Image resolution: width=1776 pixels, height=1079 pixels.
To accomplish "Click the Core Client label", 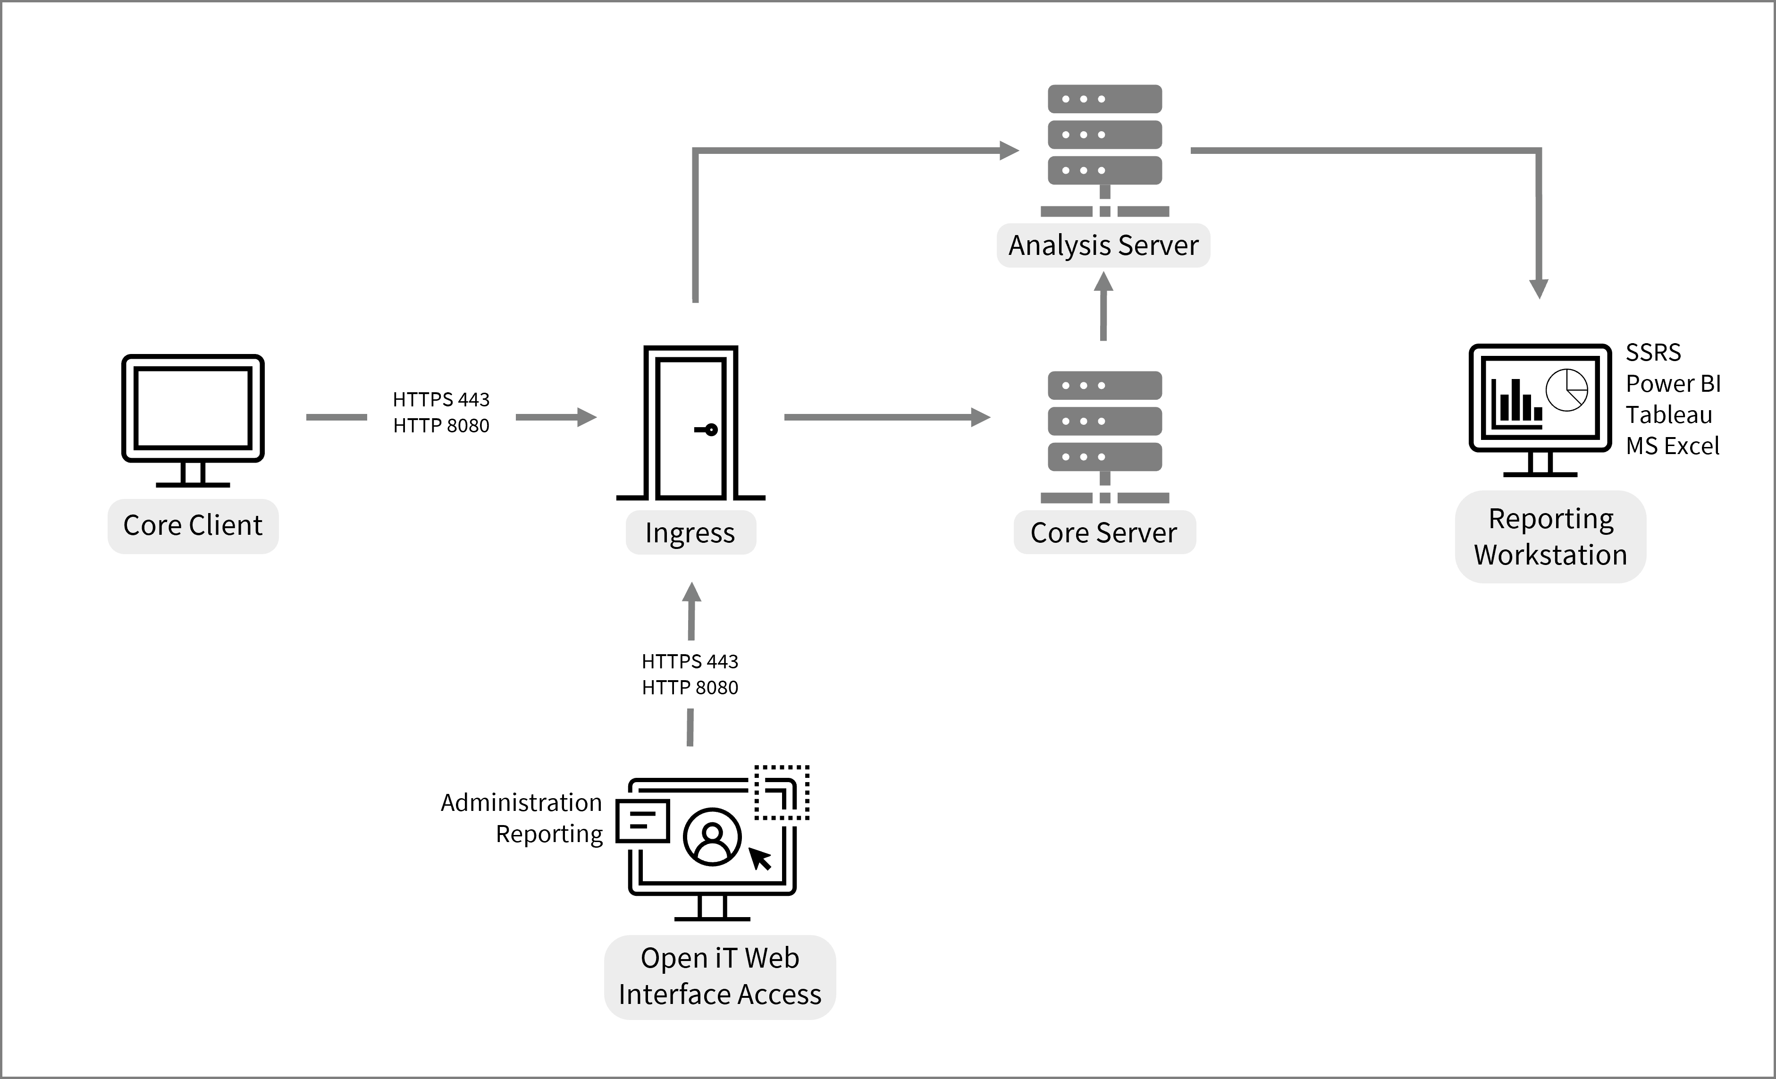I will [x=193, y=525].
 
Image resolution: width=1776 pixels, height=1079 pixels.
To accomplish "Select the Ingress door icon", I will [x=690, y=424].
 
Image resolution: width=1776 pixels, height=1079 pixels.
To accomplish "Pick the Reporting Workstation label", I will [x=1550, y=537].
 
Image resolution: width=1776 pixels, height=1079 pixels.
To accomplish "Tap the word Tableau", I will [x=1668, y=415].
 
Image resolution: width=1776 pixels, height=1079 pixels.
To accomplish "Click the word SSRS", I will [x=1653, y=353].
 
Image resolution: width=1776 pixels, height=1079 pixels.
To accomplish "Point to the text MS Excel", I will [x=1672, y=446].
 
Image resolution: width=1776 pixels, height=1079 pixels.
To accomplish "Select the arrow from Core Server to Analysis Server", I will [x=1103, y=306].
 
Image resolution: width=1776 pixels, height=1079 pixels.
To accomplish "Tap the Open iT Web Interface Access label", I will [x=719, y=977].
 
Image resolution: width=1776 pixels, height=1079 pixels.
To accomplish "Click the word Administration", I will [x=521, y=803].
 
